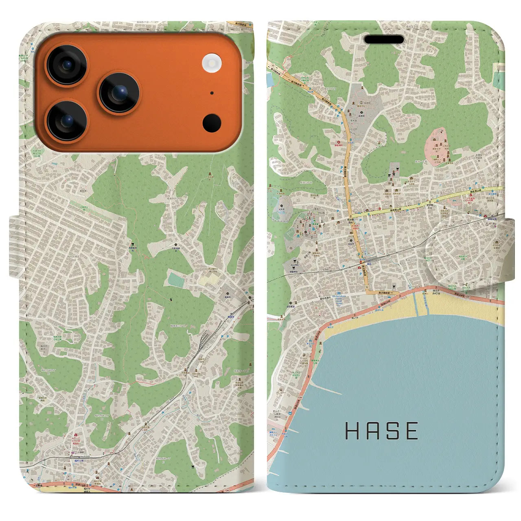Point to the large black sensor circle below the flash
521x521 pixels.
(x=212, y=123)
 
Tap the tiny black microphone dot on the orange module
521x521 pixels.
(x=212, y=93)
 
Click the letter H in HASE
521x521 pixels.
(x=353, y=431)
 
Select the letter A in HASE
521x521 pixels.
(x=374, y=431)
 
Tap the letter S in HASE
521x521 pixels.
(x=393, y=431)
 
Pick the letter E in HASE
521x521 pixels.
(x=412, y=431)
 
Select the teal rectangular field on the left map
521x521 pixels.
(x=176, y=280)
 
